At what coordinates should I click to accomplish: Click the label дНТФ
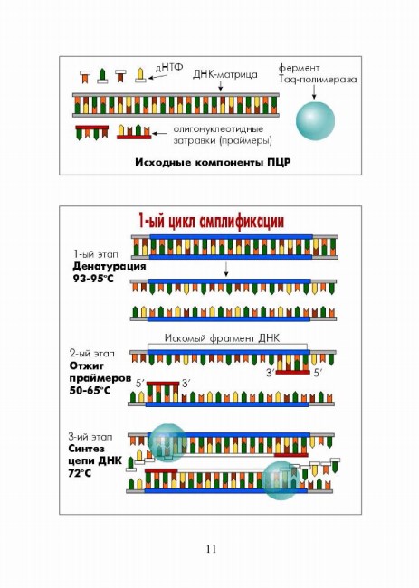click(169, 68)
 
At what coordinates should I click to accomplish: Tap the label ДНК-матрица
click(225, 74)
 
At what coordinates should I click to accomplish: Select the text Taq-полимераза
click(318, 80)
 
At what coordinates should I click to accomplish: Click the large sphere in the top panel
click(315, 120)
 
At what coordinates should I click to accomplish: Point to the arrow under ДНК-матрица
click(221, 86)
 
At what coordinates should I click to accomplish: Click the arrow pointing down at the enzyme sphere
click(314, 92)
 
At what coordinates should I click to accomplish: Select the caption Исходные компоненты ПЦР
click(213, 162)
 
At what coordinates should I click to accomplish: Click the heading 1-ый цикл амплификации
click(211, 222)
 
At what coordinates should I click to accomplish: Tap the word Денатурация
click(109, 267)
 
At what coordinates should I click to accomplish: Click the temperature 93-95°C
click(92, 279)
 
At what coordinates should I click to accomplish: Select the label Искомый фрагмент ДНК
click(222, 338)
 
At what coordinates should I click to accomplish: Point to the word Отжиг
click(87, 365)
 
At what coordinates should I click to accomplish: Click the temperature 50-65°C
click(90, 390)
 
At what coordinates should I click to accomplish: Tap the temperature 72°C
click(80, 473)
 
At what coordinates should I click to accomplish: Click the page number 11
click(211, 549)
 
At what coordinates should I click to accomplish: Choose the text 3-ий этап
click(90, 437)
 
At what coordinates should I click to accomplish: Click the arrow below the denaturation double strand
click(225, 270)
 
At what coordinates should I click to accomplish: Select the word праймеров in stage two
click(100, 378)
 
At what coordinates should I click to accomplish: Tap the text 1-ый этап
click(95, 254)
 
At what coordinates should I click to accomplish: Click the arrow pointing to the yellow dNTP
click(157, 77)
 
